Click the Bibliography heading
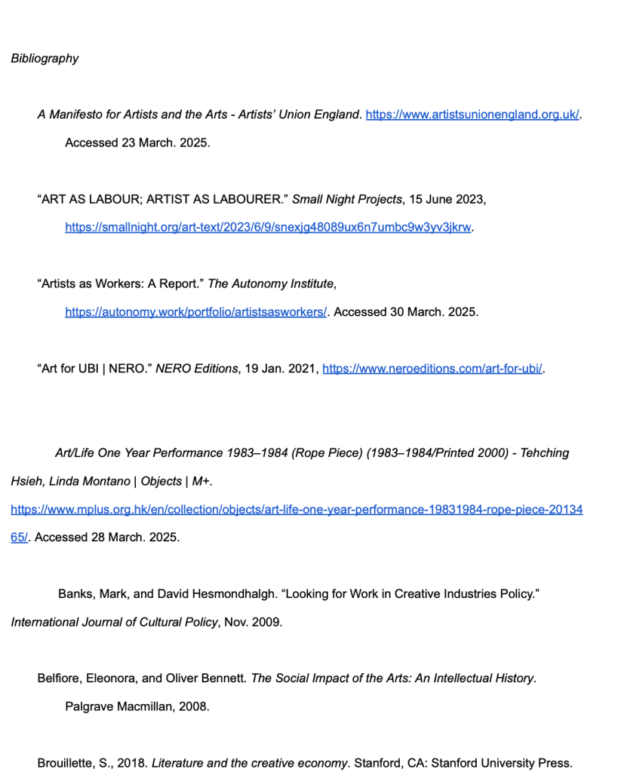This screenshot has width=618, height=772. (45, 59)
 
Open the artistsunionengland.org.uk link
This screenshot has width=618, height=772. (472, 115)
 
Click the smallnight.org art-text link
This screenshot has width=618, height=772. (268, 227)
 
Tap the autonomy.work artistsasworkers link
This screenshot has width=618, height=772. (195, 311)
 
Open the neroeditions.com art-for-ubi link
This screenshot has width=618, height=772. (432, 369)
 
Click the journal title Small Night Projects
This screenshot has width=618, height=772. (346, 200)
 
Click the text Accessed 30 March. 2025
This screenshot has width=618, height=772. (406, 311)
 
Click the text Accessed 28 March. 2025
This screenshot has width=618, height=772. (107, 538)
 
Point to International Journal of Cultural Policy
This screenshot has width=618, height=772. (115, 622)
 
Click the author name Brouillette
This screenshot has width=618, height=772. (66, 763)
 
